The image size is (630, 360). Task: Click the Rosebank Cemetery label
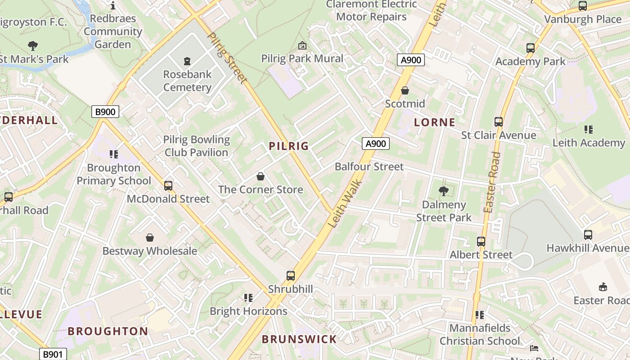point(187,81)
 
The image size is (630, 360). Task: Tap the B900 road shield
point(105,112)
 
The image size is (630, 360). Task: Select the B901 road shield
point(53,354)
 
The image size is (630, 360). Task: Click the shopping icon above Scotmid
point(405,90)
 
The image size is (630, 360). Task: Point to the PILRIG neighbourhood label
point(289,146)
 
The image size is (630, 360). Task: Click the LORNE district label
point(435,122)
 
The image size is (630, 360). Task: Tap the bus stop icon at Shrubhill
point(291,275)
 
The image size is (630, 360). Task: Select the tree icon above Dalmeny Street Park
point(444,191)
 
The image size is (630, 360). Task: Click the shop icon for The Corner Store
point(260,176)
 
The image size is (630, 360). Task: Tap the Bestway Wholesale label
point(150,251)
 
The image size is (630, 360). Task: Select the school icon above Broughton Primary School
point(114,154)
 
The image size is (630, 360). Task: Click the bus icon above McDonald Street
point(168,185)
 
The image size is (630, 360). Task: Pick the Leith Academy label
point(589,143)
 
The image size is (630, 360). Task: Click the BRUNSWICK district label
point(299,339)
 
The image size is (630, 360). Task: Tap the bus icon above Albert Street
point(481,242)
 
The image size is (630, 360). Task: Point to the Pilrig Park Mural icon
point(302,45)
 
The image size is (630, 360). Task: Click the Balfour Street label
point(369,166)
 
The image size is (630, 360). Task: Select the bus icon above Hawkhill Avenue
point(588,235)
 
